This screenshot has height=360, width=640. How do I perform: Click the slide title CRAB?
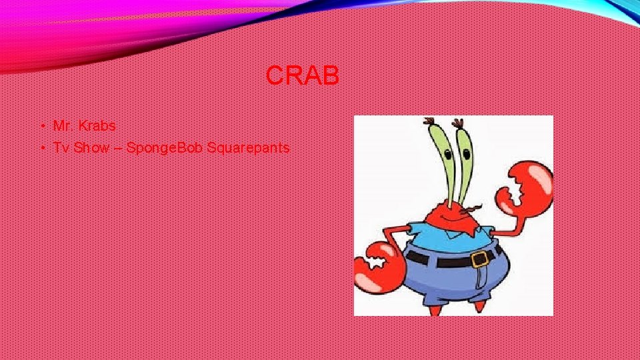point(302,76)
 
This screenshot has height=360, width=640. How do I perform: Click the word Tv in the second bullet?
point(61,147)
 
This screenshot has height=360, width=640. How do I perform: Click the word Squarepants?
point(248,147)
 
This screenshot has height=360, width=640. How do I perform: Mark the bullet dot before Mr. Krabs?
point(41,126)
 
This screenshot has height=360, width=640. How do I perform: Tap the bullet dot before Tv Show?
point(41,148)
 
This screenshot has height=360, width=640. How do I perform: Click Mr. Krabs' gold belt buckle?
point(479,259)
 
